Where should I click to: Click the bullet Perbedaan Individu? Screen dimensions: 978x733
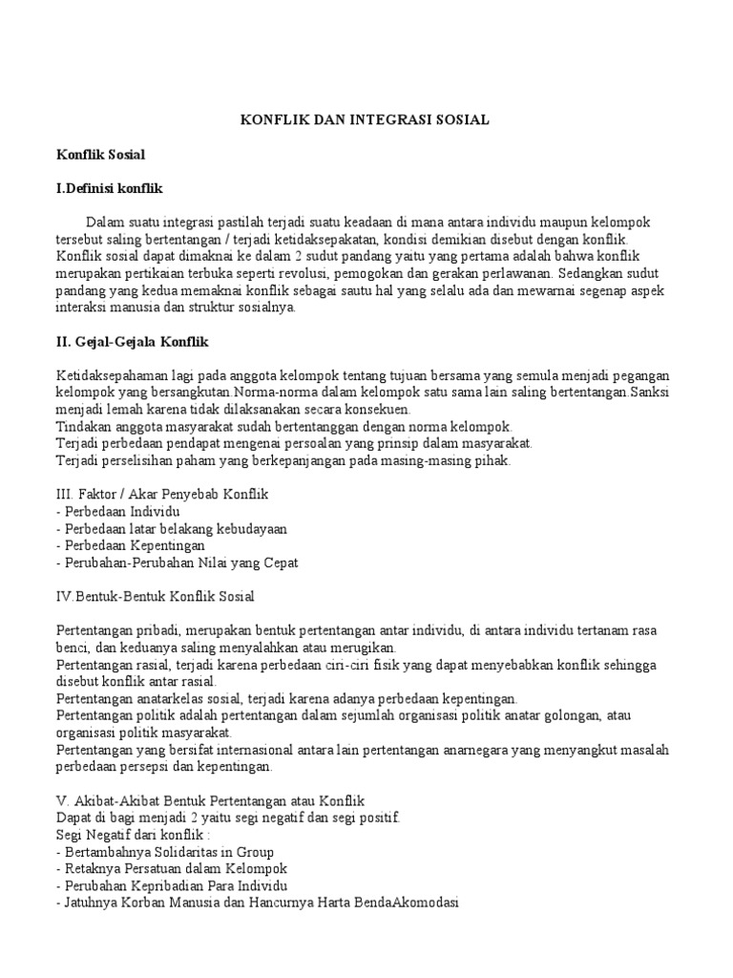pos(118,512)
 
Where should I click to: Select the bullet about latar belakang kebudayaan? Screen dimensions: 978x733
pos(172,529)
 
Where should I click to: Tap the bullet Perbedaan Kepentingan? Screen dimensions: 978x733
pos(131,546)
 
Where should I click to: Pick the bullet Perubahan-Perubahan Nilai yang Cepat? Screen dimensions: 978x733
pos(178,563)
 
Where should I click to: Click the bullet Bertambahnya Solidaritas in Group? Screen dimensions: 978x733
pos(165,852)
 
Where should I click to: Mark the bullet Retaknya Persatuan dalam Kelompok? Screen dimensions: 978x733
pos(172,869)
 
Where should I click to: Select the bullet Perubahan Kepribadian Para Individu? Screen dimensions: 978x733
pos(172,886)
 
